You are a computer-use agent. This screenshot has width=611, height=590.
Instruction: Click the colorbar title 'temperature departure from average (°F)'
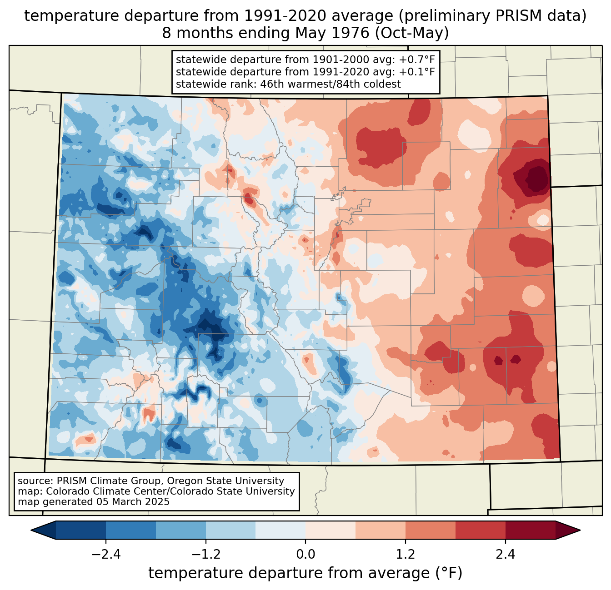click(305, 573)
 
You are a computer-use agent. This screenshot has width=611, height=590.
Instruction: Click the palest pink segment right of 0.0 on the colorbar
click(331, 530)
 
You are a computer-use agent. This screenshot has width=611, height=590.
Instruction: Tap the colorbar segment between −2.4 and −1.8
click(131, 530)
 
